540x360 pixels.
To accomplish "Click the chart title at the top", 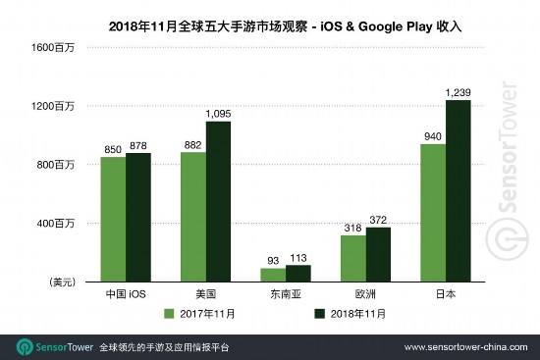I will pyautogui.click(x=269, y=21).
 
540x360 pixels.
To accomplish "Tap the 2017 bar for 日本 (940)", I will pyautogui.click(x=432, y=213).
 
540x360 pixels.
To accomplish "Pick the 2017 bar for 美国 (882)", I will pyautogui.click(x=192, y=217).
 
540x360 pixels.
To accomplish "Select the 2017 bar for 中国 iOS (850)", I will pyautogui.click(x=112, y=219).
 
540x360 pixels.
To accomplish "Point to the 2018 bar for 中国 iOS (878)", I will pyautogui.click(x=138, y=217).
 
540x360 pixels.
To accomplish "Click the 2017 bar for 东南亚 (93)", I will pyautogui.click(x=273, y=275).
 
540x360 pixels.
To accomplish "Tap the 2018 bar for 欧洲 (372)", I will pyautogui.click(x=379, y=254).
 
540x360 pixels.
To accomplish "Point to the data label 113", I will pyautogui.click(x=298, y=257).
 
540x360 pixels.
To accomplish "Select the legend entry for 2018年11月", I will pyautogui.click(x=349, y=314).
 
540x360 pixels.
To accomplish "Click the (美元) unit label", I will pyautogui.click(x=62, y=283).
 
